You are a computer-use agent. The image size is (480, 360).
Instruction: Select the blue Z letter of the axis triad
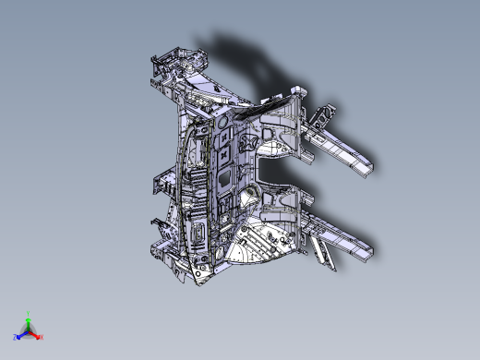point(17,337)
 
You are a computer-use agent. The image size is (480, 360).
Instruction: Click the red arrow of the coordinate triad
point(35,333)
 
